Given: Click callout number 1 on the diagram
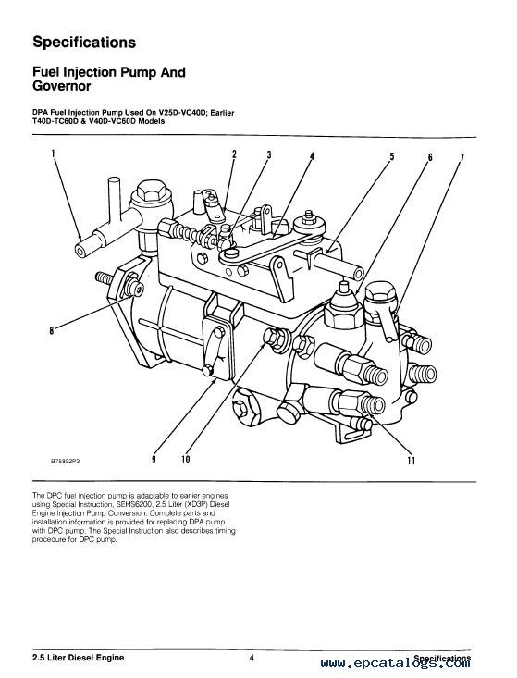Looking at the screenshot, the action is [53, 154].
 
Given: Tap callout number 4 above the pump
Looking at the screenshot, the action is [312, 156].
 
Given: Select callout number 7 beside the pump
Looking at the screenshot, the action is [462, 157].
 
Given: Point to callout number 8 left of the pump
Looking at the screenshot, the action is [52, 331].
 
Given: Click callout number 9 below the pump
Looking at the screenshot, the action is [154, 459].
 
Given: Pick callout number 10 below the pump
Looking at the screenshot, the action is [186, 459].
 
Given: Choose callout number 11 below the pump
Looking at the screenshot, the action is [411, 461].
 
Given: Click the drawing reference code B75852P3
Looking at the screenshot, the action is [66, 461].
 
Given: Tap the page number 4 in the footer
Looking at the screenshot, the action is [252, 658].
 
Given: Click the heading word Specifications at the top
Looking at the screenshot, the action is [84, 43].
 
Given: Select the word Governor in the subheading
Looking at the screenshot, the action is [61, 86].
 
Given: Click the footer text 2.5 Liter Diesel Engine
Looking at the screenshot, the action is [79, 658].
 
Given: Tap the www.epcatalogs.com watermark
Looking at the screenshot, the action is [396, 663].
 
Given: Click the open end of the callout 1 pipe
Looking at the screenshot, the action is [80, 250].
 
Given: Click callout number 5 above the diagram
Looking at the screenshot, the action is [392, 156].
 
